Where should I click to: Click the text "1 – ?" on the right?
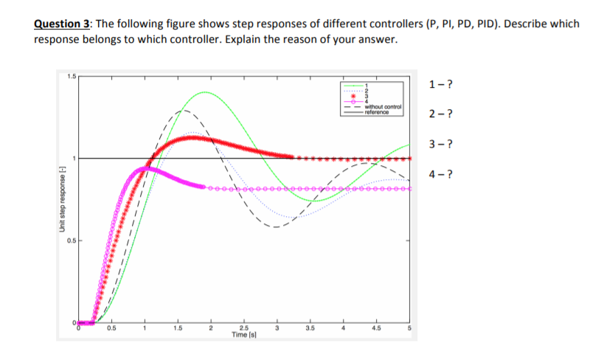pos(440,84)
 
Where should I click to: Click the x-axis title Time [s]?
pos(243,335)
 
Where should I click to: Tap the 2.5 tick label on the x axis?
pos(243,328)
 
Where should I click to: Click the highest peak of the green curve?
pos(204,92)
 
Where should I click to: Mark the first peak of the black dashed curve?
pos(185,110)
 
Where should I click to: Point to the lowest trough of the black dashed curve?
pos(277,227)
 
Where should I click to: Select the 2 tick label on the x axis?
pos(210,328)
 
